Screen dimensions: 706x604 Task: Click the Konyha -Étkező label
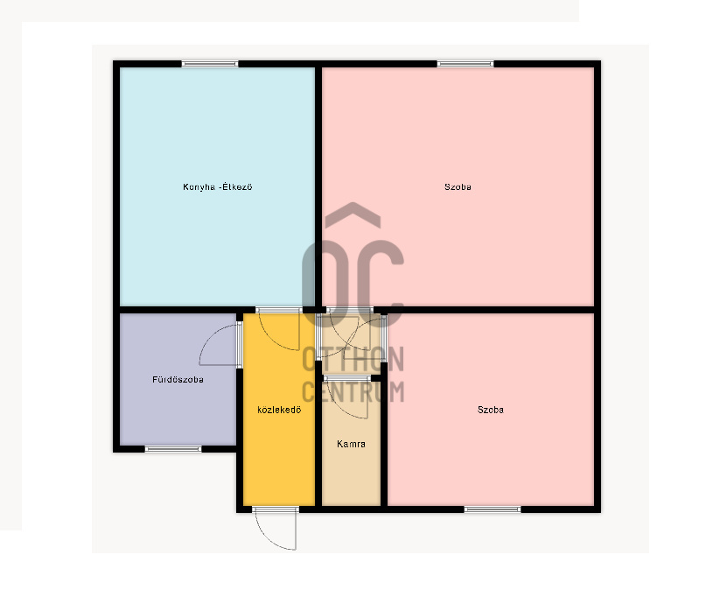218,187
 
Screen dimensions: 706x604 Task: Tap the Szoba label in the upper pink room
458,187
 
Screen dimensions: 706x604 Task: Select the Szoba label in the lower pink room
490,410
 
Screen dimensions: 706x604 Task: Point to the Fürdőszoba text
178,380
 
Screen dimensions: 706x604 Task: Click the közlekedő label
279,410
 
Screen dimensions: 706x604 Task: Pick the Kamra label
351,444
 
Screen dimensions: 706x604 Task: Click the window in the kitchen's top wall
210,64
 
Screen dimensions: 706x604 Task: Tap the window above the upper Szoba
465,64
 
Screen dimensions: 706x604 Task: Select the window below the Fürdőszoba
173,448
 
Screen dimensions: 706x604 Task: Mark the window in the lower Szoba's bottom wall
493,509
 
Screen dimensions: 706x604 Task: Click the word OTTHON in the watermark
353,360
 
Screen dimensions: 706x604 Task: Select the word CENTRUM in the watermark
353,391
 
